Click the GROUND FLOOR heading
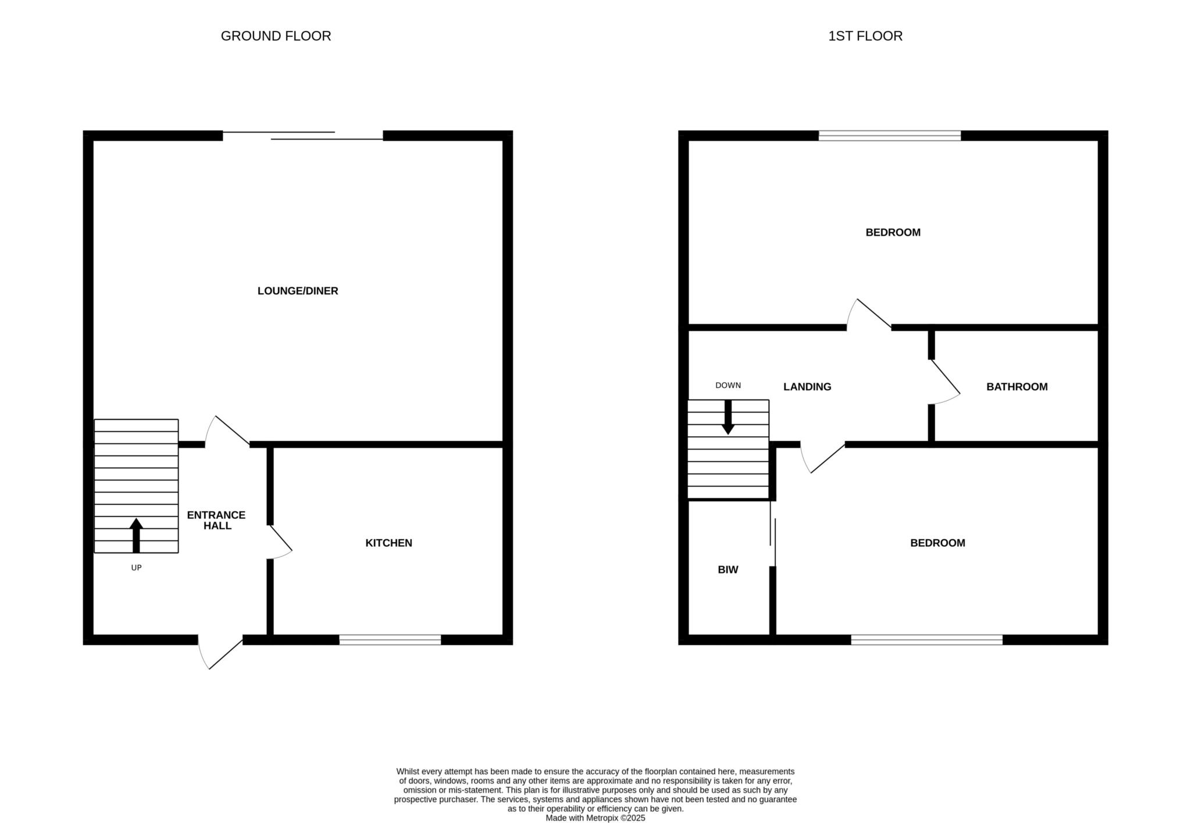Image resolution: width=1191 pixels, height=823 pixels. click(x=276, y=36)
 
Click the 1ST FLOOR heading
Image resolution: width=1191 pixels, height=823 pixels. click(x=865, y=36)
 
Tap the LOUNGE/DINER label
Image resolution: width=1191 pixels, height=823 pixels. click(x=298, y=291)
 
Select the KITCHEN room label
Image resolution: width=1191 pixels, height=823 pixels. click(x=388, y=543)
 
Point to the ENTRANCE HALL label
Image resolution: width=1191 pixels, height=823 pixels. click(x=216, y=520)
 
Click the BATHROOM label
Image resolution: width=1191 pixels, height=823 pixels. click(x=1017, y=387)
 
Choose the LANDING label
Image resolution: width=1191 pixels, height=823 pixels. click(x=807, y=387)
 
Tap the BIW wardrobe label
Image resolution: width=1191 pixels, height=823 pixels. click(x=728, y=570)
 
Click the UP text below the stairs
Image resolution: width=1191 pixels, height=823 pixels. click(x=136, y=568)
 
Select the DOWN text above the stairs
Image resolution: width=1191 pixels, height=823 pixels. click(x=728, y=385)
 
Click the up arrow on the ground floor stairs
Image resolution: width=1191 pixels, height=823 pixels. click(x=136, y=535)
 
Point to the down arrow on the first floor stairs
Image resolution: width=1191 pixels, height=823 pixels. click(x=728, y=417)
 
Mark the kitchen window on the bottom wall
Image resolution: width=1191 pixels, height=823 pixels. click(x=390, y=640)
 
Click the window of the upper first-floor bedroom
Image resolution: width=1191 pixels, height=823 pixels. click(x=890, y=136)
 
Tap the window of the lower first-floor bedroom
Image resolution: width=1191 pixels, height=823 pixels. click(x=927, y=640)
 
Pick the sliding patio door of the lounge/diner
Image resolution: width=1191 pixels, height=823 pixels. click(x=303, y=136)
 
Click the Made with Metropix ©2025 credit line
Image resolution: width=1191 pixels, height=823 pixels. click(x=595, y=817)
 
